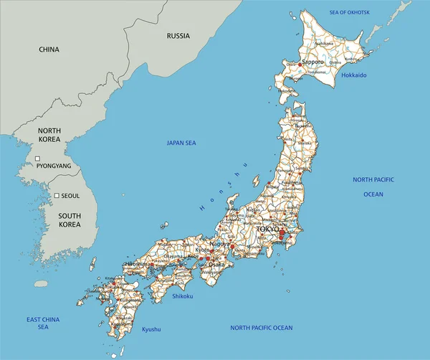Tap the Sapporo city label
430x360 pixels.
click(x=314, y=62)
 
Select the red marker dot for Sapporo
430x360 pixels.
click(x=301, y=63)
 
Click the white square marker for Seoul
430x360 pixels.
click(x=57, y=195)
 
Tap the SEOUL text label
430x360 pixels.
click(x=70, y=195)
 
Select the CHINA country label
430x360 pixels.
click(x=49, y=49)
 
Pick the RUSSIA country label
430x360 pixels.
click(x=178, y=35)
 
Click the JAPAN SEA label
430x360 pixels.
click(x=181, y=143)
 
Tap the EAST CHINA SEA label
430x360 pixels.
click(x=43, y=323)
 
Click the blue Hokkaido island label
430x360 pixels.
click(x=354, y=75)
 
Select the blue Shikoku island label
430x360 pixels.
click(x=183, y=294)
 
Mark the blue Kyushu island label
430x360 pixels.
click(x=151, y=329)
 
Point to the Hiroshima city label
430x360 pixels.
click(x=137, y=264)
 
